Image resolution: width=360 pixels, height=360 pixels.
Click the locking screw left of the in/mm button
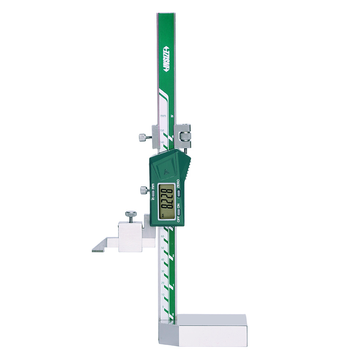[144, 190]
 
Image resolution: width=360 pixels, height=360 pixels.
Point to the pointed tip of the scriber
[93, 250]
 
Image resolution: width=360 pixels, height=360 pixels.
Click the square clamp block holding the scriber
[131, 236]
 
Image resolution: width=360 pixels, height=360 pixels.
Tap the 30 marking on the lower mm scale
[162, 272]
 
